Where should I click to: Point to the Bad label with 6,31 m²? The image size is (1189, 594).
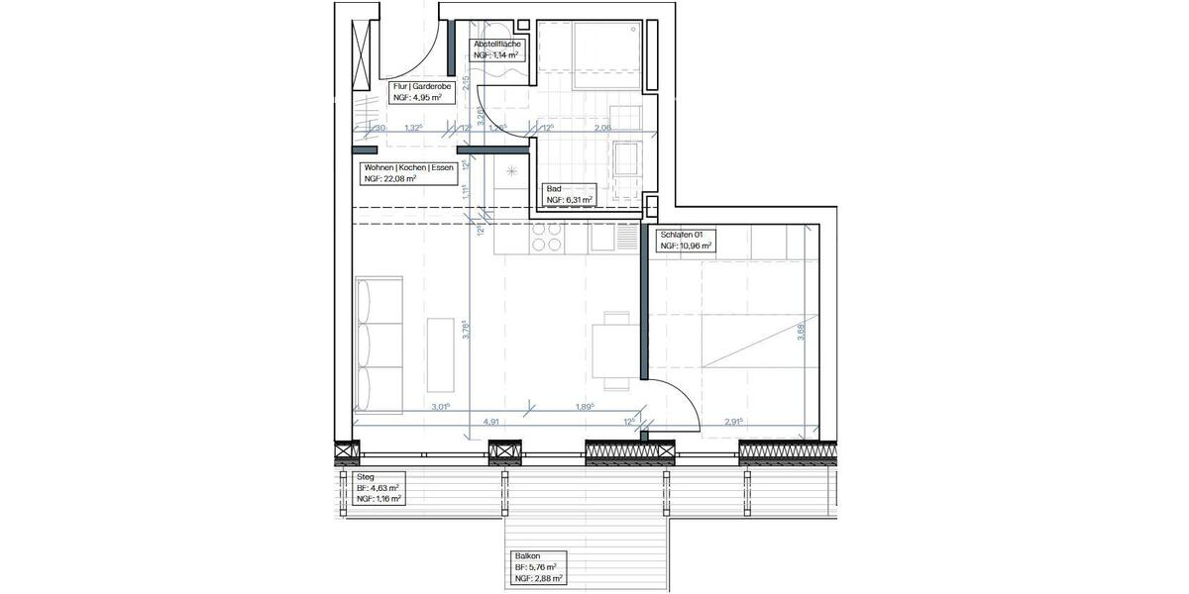pos(570,194)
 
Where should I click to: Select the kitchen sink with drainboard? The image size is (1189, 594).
pos(615,237)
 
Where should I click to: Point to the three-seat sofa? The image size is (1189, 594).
pos(378,344)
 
